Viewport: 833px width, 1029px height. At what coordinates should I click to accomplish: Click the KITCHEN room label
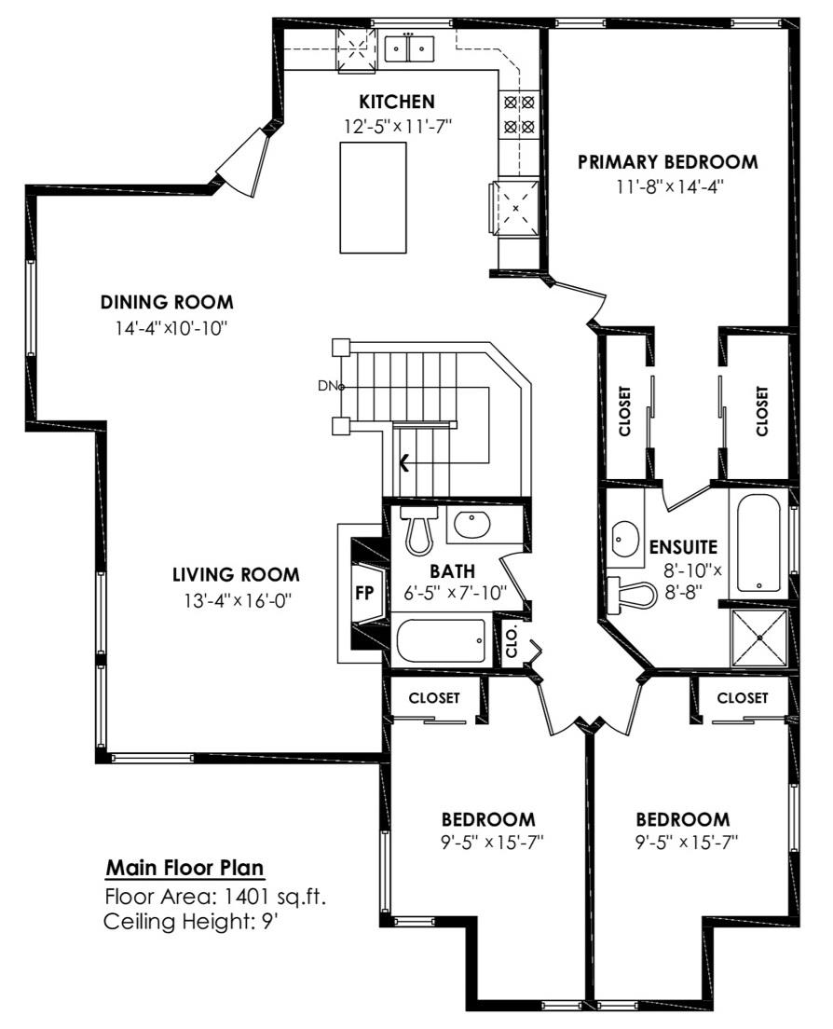coord(396,102)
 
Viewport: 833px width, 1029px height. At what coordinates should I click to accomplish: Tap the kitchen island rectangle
coord(373,197)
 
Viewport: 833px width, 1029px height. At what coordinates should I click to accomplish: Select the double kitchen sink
coord(409,48)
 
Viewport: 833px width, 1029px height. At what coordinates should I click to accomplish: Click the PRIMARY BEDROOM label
coord(668,162)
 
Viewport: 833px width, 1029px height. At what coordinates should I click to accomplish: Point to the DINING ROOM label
coord(167,303)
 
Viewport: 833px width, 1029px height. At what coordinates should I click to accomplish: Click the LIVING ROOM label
coord(236,575)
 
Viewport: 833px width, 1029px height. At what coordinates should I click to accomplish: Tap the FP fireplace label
coord(364,593)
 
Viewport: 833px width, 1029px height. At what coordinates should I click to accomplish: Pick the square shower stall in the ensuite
coord(758,638)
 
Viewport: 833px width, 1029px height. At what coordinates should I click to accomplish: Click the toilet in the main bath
coord(419,528)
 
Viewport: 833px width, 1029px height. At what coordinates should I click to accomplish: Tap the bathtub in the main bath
coord(441,640)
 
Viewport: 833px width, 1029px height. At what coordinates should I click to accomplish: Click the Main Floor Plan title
coord(185,868)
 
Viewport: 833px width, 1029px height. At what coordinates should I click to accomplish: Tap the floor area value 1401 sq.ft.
coord(276,897)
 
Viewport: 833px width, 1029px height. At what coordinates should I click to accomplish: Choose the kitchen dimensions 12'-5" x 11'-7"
coord(399,126)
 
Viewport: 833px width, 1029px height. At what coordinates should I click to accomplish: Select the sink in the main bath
coord(471,525)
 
